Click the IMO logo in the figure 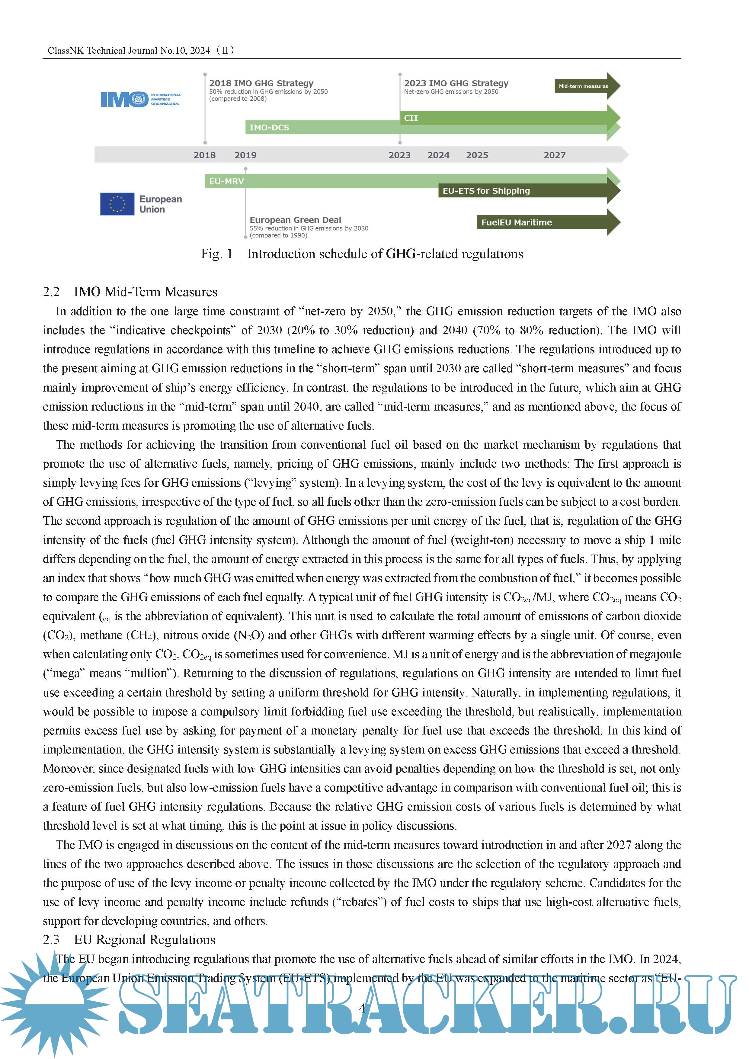[x=141, y=99]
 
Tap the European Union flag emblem [x=117, y=204]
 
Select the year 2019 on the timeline [x=245, y=155]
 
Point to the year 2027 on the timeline [x=554, y=155]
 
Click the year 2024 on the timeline [x=438, y=155]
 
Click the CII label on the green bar [x=411, y=118]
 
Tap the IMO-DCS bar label [x=269, y=127]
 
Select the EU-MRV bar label [x=226, y=181]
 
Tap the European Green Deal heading [x=295, y=220]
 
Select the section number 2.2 [x=51, y=292]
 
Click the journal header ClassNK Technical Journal [x=129, y=51]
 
